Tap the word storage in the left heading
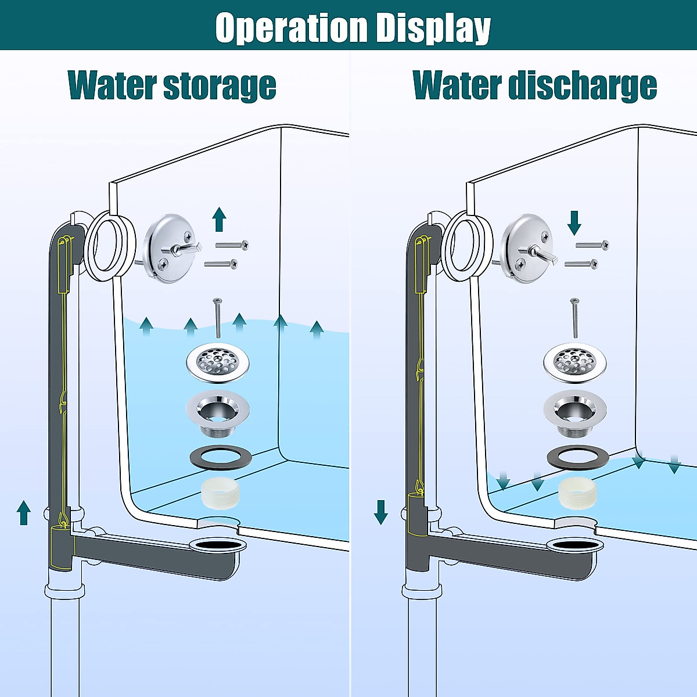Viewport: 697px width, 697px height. click(x=219, y=85)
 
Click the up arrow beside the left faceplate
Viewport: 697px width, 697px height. click(x=219, y=219)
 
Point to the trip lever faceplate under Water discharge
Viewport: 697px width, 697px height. click(x=526, y=249)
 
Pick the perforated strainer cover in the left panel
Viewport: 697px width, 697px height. click(x=218, y=363)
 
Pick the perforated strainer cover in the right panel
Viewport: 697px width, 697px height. click(x=574, y=363)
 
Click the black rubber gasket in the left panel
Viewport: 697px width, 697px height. click(x=221, y=457)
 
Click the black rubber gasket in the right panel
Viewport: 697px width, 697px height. click(x=578, y=457)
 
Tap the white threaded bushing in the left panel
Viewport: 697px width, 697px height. click(x=220, y=494)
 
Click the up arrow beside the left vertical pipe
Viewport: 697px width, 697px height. click(x=24, y=512)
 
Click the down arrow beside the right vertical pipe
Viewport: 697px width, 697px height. click(x=381, y=512)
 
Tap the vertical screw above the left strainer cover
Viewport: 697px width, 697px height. click(x=218, y=317)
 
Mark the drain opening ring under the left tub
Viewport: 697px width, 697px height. click(x=218, y=545)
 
